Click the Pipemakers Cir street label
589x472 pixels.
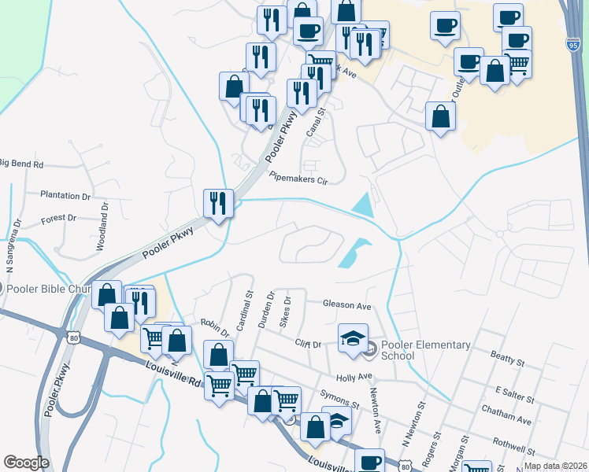tap(298, 179)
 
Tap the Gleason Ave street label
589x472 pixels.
tap(346, 304)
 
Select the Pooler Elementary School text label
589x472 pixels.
tap(425, 350)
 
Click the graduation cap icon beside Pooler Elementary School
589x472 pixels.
tap(353, 337)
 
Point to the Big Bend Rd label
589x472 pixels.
tap(21, 164)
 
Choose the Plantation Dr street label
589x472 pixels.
tap(65, 195)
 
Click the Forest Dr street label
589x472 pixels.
tap(58, 218)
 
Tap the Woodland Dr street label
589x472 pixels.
tap(102, 227)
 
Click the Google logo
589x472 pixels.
tap(26, 463)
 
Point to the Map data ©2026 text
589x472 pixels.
tap(555, 466)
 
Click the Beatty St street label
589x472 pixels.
tap(507, 362)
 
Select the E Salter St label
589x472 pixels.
tap(515, 391)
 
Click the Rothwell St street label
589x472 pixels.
tap(513, 447)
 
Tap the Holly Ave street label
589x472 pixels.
tap(354, 377)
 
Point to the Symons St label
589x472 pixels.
tap(339, 400)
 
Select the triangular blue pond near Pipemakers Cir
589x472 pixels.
tap(363, 205)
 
